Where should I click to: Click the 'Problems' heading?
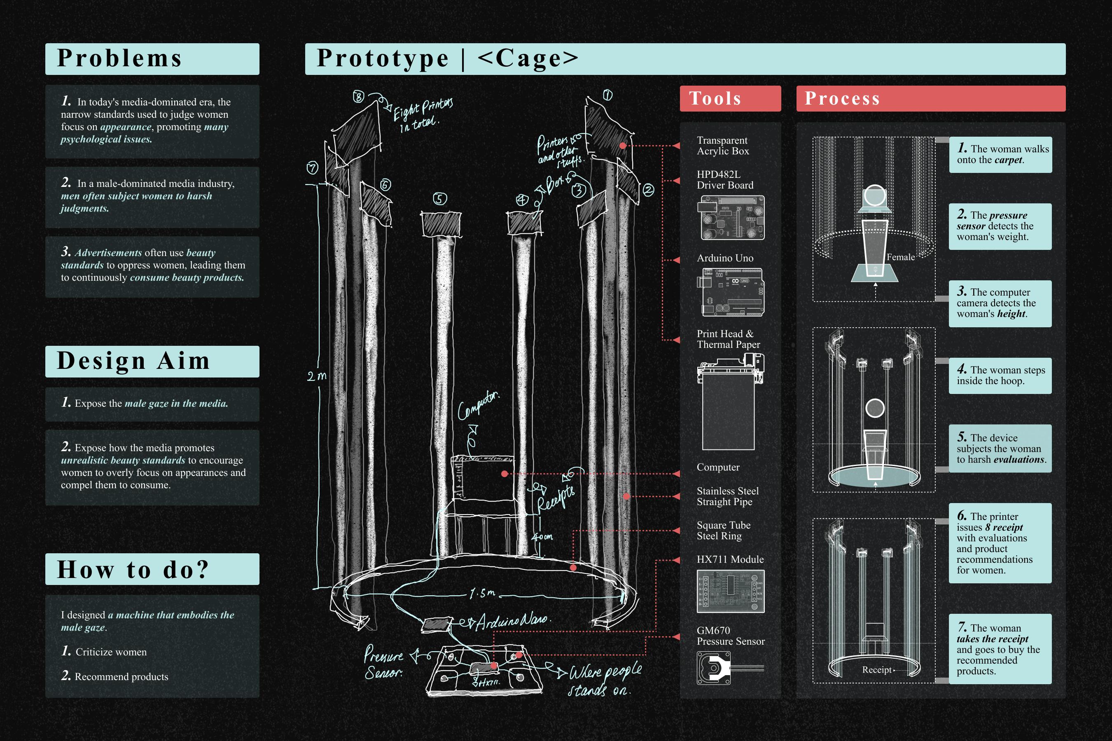pyautogui.click(x=119, y=58)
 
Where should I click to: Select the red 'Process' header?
pyautogui.click(x=842, y=98)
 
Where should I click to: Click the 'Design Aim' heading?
pyautogui.click(x=133, y=361)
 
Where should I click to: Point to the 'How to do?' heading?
pyautogui.click(x=133, y=569)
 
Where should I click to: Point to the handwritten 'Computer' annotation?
pyautogui.click(x=477, y=405)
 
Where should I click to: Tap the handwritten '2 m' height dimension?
pyautogui.click(x=317, y=376)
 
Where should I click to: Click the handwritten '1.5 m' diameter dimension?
pyautogui.click(x=482, y=593)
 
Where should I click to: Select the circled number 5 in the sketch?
pyautogui.click(x=440, y=199)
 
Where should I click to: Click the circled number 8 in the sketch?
pyautogui.click(x=358, y=97)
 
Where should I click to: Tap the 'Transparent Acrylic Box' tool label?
pyautogui.click(x=722, y=146)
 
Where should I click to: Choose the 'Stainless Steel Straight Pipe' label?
pyautogui.click(x=727, y=496)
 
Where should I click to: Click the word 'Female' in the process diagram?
pyautogui.click(x=900, y=257)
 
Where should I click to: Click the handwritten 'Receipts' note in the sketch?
pyautogui.click(x=556, y=499)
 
